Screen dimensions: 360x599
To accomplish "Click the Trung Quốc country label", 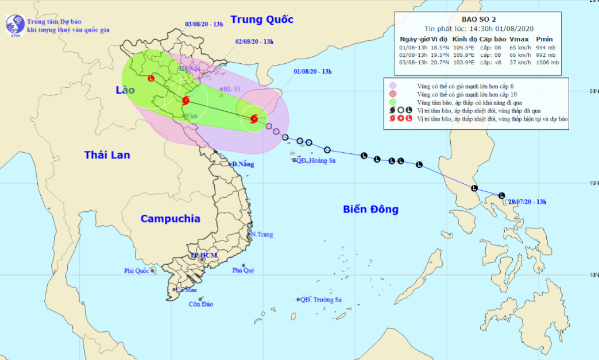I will pos(262,20).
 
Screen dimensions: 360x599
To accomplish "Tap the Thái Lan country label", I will pos(107,155).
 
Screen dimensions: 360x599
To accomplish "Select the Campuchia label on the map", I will pos(171,218).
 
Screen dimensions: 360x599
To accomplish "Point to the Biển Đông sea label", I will pos(370,209).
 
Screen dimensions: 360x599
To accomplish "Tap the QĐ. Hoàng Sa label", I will pos(315,161).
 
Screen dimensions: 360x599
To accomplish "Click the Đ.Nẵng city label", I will pos(243,164).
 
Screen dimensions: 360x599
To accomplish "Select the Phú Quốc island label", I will pos(137,271).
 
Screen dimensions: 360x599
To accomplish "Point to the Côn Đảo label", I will pos(201,304).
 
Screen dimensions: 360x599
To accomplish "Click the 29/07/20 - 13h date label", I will pos(528,202).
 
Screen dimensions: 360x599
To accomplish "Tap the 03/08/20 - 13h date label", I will pos(204,25).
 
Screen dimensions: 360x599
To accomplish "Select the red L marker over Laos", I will pos(151,79).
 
